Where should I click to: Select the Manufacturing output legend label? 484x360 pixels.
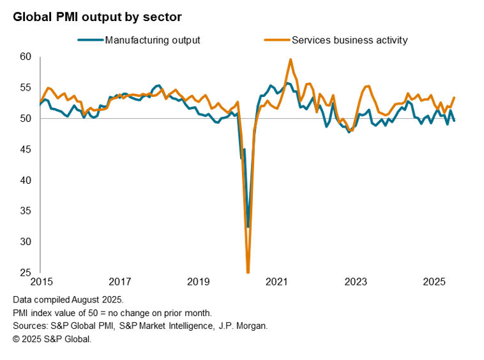tap(153, 40)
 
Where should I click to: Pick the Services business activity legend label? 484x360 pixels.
tap(349, 40)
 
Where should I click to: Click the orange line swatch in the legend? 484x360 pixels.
tap(276, 40)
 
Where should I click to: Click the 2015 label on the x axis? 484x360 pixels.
tap(40, 282)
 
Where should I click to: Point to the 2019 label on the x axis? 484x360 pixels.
tap(198, 282)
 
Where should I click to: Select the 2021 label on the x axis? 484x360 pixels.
tap(277, 282)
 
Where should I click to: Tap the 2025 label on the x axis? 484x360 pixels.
tap(434, 282)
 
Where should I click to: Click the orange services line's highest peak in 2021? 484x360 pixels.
tap(291, 59)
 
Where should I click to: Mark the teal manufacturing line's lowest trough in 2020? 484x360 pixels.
tap(248, 227)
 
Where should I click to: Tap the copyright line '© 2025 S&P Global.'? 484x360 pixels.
tap(52, 339)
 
